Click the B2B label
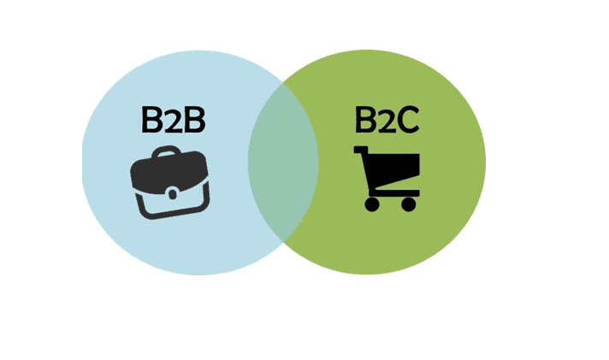(174, 120)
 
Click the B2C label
(387, 120)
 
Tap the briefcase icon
(170, 182)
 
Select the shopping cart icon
(387, 179)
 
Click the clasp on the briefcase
(173, 193)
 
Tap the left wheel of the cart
(372, 204)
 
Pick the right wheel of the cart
(408, 204)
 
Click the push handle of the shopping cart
(360, 150)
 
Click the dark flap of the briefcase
(169, 172)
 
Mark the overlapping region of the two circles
(283, 162)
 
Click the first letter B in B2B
(151, 120)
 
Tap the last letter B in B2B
(195, 120)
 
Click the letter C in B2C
(408, 121)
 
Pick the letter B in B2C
(365, 120)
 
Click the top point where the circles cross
(283, 83)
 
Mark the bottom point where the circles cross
(283, 241)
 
